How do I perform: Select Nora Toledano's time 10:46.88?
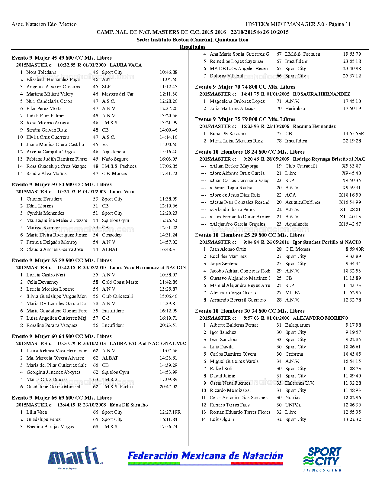[x=168, y=72]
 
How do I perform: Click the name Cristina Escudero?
[x=44, y=199]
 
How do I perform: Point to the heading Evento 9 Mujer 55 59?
[x=62, y=260]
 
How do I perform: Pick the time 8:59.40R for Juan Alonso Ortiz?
[x=355, y=249]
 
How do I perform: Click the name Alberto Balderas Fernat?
[x=234, y=325]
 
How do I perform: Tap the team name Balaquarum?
[x=297, y=325]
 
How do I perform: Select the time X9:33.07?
[x=351, y=166]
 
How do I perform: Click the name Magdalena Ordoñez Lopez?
[x=237, y=101]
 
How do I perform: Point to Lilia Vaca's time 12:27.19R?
[x=170, y=412]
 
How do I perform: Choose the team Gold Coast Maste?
[x=120, y=282]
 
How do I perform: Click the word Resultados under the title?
[x=192, y=47]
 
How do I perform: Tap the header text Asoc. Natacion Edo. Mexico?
[x=44, y=24]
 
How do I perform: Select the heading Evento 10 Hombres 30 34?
[x=250, y=311]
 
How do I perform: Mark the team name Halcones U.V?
[x=300, y=383]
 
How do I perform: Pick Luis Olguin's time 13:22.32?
[x=352, y=419]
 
